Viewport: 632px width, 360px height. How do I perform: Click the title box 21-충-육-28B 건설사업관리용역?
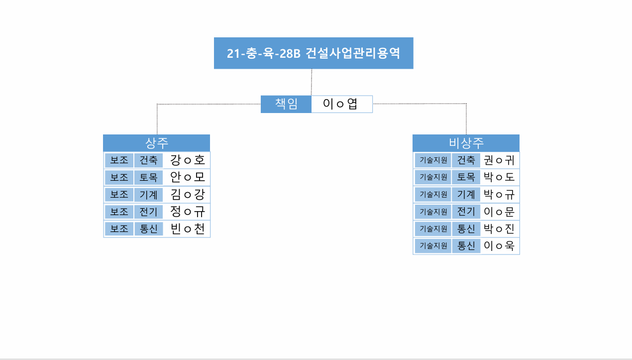pyautogui.click(x=314, y=53)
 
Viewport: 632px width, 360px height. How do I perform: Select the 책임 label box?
pyautogui.click(x=286, y=104)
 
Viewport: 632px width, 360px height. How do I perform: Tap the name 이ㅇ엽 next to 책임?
pyautogui.click(x=340, y=104)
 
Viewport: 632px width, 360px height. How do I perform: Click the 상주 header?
pyautogui.click(x=157, y=143)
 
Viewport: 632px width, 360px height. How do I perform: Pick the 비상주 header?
pyautogui.click(x=466, y=143)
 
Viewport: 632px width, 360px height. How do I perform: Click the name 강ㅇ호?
pyautogui.click(x=187, y=160)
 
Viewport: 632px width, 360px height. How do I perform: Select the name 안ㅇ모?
pyautogui.click(x=187, y=177)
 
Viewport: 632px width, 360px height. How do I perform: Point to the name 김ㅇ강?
pyautogui.click(x=187, y=195)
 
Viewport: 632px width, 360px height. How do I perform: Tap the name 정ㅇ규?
pyautogui.click(x=187, y=212)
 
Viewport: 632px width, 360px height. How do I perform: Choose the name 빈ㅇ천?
pyautogui.click(x=187, y=229)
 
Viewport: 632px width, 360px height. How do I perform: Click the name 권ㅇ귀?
pyautogui.click(x=499, y=160)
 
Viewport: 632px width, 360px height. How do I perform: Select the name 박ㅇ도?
pyautogui.click(x=499, y=177)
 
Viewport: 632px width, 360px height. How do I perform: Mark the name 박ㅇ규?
pyautogui.click(x=499, y=194)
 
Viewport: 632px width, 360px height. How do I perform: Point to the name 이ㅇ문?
pyautogui.click(x=499, y=212)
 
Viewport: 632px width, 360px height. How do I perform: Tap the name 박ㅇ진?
pyautogui.click(x=499, y=229)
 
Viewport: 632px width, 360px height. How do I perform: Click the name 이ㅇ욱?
pyautogui.click(x=499, y=245)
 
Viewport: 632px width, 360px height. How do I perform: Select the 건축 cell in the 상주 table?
pyautogui.click(x=148, y=160)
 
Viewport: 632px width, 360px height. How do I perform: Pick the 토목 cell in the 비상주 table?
pyautogui.click(x=466, y=177)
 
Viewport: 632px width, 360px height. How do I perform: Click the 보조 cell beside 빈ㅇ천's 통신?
pyautogui.click(x=119, y=229)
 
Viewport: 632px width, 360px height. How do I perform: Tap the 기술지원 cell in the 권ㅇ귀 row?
pyautogui.click(x=433, y=160)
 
